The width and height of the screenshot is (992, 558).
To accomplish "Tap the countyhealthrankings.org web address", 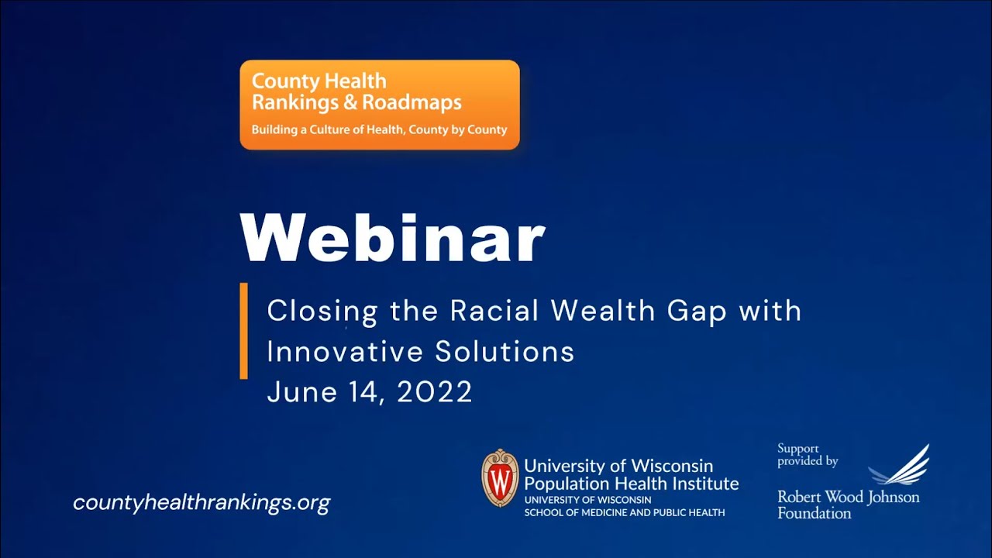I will click(x=201, y=502).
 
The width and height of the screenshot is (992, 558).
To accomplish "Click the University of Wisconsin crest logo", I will click(x=500, y=478).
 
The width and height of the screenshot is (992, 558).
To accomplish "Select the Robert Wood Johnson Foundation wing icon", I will click(x=901, y=465).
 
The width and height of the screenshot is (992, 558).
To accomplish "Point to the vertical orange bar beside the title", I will click(x=244, y=331).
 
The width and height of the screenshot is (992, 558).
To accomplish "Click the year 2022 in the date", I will click(x=434, y=392).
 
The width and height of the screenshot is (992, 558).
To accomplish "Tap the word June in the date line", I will click(x=300, y=392).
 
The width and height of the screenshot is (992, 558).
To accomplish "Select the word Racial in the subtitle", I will click(x=494, y=311).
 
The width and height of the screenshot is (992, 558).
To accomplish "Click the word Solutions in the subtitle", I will click(x=505, y=351).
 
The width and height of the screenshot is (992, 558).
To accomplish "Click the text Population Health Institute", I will click(x=631, y=484).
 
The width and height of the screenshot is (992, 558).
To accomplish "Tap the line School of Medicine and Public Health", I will click(x=625, y=512).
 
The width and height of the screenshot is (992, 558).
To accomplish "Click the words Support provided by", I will click(x=808, y=455).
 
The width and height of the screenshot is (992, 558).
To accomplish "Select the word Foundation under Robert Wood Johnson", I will click(x=814, y=513).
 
